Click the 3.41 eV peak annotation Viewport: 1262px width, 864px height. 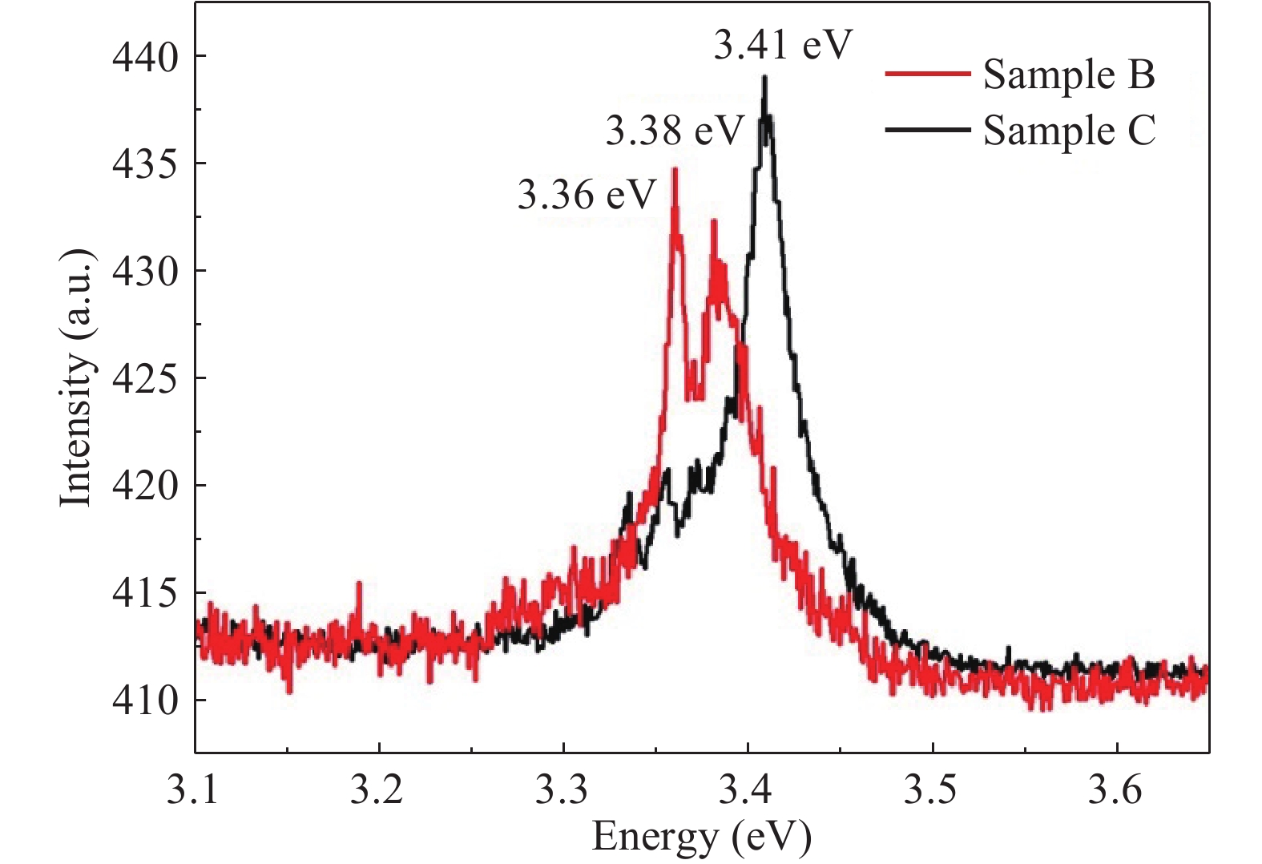pyautogui.click(x=781, y=45)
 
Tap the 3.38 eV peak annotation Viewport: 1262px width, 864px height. pyautogui.click(x=674, y=131)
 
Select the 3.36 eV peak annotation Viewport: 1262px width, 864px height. pyautogui.click(x=587, y=195)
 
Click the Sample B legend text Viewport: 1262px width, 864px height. pyautogui.click(x=1069, y=75)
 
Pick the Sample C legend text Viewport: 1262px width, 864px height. pyautogui.click(x=1070, y=131)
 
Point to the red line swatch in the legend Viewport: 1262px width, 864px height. pyautogui.click(x=928, y=75)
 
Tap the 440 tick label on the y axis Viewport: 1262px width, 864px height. pyautogui.click(x=145, y=57)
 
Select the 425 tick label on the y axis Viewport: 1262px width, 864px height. pyautogui.click(x=145, y=378)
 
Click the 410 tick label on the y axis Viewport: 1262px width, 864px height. pyautogui.click(x=145, y=700)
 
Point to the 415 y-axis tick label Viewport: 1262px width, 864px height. pyautogui.click(x=145, y=593)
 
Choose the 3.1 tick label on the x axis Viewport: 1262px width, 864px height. pyautogui.click(x=196, y=790)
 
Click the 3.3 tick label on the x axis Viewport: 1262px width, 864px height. pyautogui.click(x=563, y=790)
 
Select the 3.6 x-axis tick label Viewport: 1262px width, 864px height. pyautogui.click(x=1116, y=790)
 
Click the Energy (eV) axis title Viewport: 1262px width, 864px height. pyautogui.click(x=702, y=837)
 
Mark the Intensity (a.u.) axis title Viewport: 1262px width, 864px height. pyautogui.click(x=77, y=378)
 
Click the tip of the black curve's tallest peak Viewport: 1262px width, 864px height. pyautogui.click(x=765, y=77)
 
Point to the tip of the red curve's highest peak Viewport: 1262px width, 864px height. pyautogui.click(x=675, y=169)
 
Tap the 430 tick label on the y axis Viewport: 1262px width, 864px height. pyautogui.click(x=145, y=271)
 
